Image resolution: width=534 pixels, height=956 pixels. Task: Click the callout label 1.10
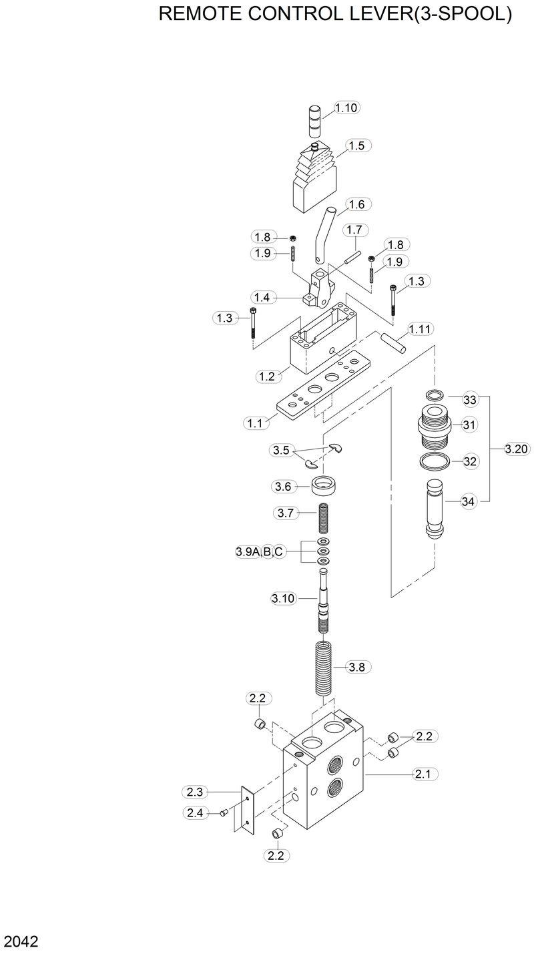pyautogui.click(x=346, y=107)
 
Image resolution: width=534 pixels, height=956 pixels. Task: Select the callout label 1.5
pyautogui.click(x=356, y=146)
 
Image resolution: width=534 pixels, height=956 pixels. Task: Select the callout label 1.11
pyautogui.click(x=421, y=328)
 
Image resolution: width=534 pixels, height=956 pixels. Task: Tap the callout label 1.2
pyautogui.click(x=267, y=377)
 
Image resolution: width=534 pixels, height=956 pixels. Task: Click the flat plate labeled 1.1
pyautogui.click(x=320, y=394)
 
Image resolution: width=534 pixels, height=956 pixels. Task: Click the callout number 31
pyautogui.click(x=469, y=424)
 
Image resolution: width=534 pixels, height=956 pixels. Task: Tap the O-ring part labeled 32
pyautogui.click(x=435, y=461)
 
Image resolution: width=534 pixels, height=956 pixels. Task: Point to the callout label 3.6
pyautogui.click(x=283, y=487)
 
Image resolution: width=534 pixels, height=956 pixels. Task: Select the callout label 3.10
pyautogui.click(x=283, y=598)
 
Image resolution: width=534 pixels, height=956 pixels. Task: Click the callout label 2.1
pyautogui.click(x=425, y=774)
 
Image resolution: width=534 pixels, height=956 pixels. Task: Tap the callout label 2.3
pyautogui.click(x=194, y=792)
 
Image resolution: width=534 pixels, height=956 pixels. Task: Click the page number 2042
pyautogui.click(x=21, y=942)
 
